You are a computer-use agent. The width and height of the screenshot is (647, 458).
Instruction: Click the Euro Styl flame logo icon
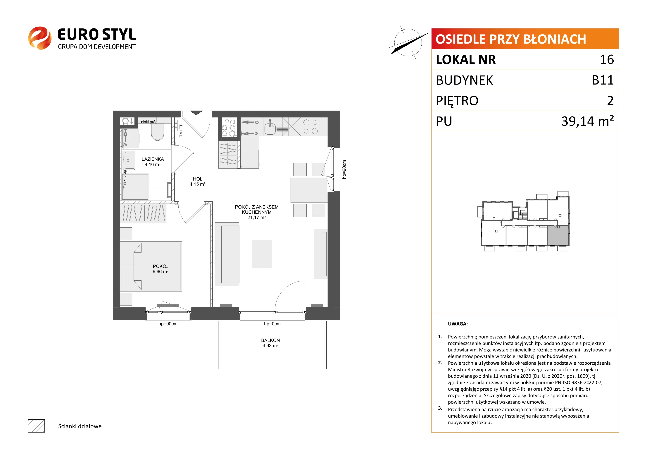point(40,38)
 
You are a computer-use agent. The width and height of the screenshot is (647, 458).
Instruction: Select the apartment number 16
point(607,59)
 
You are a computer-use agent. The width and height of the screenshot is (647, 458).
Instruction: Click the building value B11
point(603,80)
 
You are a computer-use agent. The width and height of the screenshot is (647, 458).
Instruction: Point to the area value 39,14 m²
point(588,121)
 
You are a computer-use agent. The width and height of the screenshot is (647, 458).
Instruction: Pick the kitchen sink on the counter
point(270,128)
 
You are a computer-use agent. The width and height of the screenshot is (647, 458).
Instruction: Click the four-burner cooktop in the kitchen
point(310,127)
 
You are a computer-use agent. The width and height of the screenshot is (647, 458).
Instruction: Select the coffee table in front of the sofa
point(262,254)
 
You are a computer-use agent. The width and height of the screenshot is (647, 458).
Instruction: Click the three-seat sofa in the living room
point(227,254)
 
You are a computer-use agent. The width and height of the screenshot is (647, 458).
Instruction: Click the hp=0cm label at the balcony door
point(272,324)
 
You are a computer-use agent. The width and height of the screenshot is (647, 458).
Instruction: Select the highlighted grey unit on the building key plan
point(558,236)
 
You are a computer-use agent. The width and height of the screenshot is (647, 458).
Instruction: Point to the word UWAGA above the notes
point(458,324)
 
